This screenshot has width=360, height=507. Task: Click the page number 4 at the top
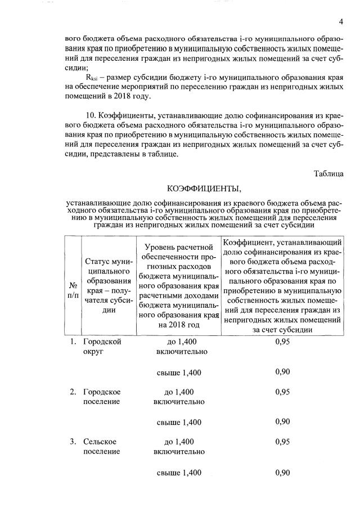point(341,22)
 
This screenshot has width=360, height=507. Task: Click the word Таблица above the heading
point(328,174)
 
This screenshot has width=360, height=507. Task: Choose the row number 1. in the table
point(73,342)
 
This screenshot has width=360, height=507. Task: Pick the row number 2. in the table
point(73,392)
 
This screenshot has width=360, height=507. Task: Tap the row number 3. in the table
point(73,442)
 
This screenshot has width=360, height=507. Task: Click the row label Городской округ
point(102,347)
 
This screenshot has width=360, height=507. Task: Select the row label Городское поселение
point(102,397)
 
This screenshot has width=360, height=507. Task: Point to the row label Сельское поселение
point(102,447)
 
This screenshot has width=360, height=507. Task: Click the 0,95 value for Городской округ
point(282,342)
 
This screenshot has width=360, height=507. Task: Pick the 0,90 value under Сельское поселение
point(282,473)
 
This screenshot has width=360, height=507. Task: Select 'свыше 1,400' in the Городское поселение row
point(179,422)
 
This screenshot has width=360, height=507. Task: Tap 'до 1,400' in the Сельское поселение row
point(179,442)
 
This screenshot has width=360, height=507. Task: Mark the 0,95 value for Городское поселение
point(282,392)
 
